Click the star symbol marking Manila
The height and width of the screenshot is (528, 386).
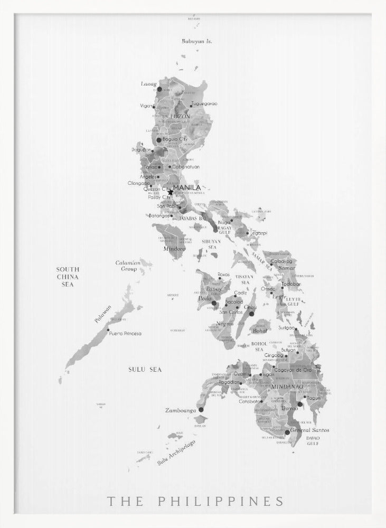point(170,192)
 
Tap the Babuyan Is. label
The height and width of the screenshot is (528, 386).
point(196,41)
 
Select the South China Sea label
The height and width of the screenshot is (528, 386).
point(68,277)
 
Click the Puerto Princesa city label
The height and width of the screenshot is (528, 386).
point(125,333)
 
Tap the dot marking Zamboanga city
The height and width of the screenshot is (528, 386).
point(201,409)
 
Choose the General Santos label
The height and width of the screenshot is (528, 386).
point(310,430)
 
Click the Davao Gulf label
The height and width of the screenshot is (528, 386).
point(313,440)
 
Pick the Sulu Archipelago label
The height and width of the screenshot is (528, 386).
point(176,452)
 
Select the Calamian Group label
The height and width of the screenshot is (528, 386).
point(128,266)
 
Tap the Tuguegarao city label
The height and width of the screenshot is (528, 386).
point(204,104)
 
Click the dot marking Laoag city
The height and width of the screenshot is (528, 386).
point(159,89)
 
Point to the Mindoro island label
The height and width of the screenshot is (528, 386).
point(174,248)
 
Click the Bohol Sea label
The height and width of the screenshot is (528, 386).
point(259,346)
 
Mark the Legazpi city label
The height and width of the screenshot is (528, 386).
point(259,232)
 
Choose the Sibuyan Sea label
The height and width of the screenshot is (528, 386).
point(211,244)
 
